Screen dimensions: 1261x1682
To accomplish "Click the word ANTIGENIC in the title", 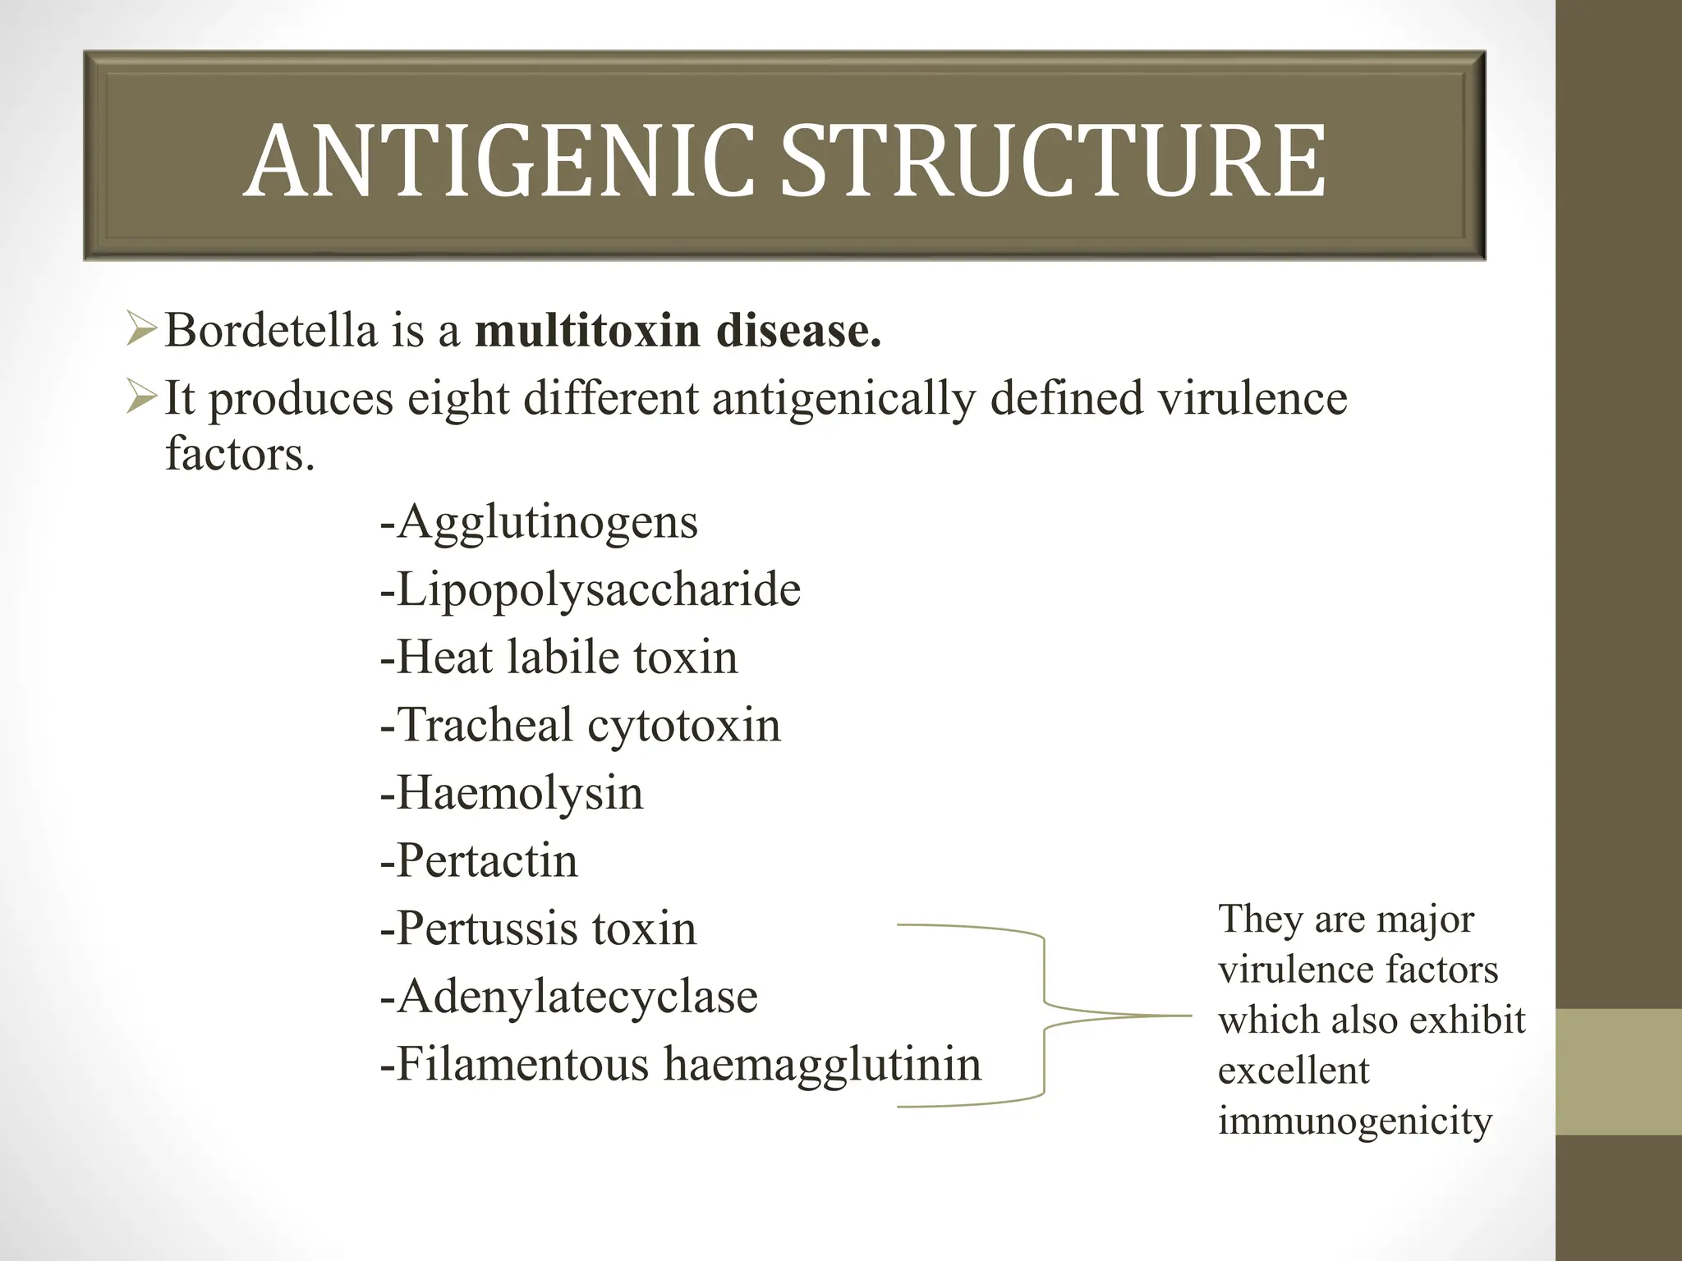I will tap(499, 161).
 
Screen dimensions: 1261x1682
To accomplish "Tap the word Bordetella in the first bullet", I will tap(271, 331).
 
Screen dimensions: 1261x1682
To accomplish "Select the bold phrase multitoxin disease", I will tap(678, 331).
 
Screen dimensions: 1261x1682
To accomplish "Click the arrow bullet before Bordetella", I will tap(141, 332).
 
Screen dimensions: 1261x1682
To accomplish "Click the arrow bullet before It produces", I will tap(141, 399).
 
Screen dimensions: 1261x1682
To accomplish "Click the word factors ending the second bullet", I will tap(239, 453).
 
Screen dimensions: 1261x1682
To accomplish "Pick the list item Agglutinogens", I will tap(539, 521).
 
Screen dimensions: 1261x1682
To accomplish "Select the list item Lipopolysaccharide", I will tap(590, 589).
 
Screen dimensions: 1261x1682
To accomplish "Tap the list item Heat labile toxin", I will tap(558, 657).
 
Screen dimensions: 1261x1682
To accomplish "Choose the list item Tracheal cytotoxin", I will tap(580, 725).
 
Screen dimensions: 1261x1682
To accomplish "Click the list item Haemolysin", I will tap(511, 793).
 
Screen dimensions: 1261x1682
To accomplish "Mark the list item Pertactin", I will tap(479, 860).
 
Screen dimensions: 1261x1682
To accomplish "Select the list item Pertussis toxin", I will tap(538, 929).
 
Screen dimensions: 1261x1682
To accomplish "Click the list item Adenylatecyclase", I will tap(568, 997).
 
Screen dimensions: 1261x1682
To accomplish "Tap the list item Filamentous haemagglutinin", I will tap(680, 1064).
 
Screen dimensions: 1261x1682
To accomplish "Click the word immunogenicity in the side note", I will tap(1354, 1121).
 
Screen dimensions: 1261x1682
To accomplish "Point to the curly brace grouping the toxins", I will tap(1045, 1016).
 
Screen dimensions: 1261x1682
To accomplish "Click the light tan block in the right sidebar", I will tap(1619, 1072).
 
